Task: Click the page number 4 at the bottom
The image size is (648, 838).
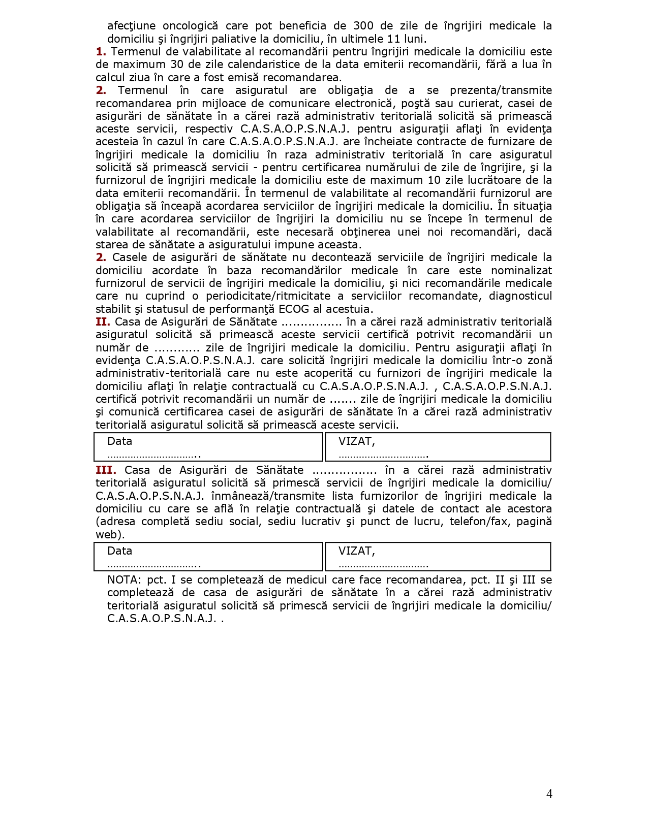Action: [x=549, y=794]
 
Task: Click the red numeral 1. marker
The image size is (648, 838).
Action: [x=101, y=52]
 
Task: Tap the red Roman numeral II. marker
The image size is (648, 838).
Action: [x=103, y=322]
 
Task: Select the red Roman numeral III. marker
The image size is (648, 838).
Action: [x=106, y=470]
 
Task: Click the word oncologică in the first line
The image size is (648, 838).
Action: [x=190, y=26]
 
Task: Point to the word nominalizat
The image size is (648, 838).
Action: [x=521, y=271]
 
